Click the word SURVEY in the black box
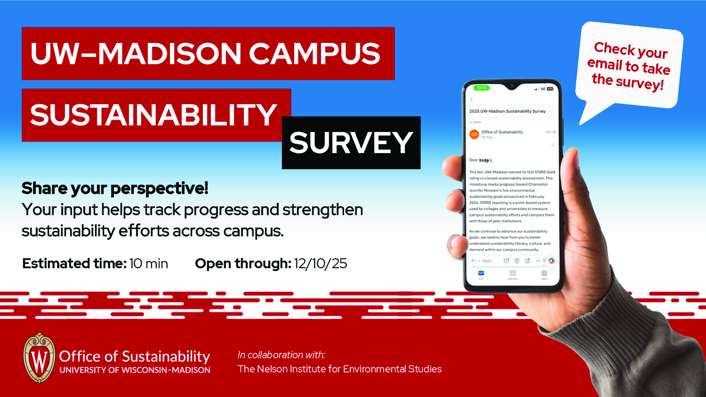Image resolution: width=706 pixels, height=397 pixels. tap(351, 143)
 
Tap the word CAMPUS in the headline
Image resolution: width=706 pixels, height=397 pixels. tap(314, 54)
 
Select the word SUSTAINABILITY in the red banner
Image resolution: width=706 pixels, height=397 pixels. tap(153, 115)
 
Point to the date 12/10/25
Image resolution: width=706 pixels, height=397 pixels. tap(320, 264)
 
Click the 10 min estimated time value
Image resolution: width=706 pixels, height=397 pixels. tap(149, 264)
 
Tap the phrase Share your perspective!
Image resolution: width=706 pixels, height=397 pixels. tap(115, 188)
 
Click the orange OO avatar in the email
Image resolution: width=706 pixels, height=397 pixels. tap(474, 135)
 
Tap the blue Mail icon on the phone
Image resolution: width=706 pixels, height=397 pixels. tap(481, 273)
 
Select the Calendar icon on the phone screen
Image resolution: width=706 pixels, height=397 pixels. tap(513, 274)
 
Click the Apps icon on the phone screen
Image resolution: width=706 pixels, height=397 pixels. tap(544, 274)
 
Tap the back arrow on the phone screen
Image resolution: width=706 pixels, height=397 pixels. tap(471, 100)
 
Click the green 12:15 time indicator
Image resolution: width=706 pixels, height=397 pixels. tap(481, 88)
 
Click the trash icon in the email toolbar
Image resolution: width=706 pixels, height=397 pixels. tap(517, 261)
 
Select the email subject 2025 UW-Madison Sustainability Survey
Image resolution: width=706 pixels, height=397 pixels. tap(507, 111)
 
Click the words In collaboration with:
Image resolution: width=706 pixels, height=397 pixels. tap(281, 355)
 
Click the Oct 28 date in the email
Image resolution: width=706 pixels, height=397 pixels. tap(551, 132)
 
